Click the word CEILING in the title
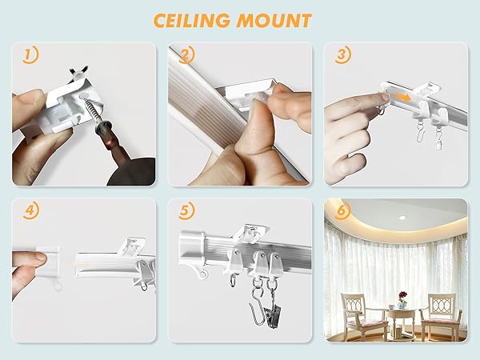coord(192,20)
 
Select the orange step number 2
coord(186,56)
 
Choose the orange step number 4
coord(30,213)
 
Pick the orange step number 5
coord(186,213)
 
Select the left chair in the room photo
coord(358,316)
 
